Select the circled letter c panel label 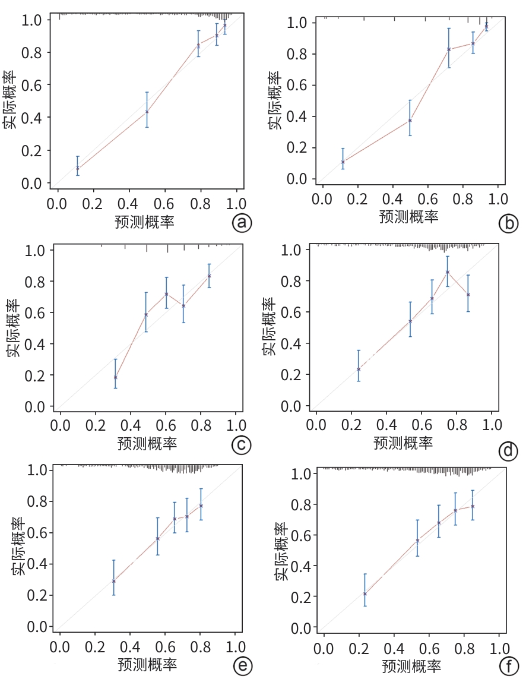(242, 445)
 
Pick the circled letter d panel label (508, 452)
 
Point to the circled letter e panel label (242, 666)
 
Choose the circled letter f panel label (508, 666)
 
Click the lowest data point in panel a (77, 169)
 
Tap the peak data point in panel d (448, 271)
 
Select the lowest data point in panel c (115, 377)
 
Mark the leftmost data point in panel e (113, 581)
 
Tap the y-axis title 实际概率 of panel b (274, 101)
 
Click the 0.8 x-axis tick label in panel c (200, 425)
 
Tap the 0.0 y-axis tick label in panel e (37, 626)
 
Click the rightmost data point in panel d (468, 295)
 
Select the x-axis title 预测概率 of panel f (411, 665)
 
